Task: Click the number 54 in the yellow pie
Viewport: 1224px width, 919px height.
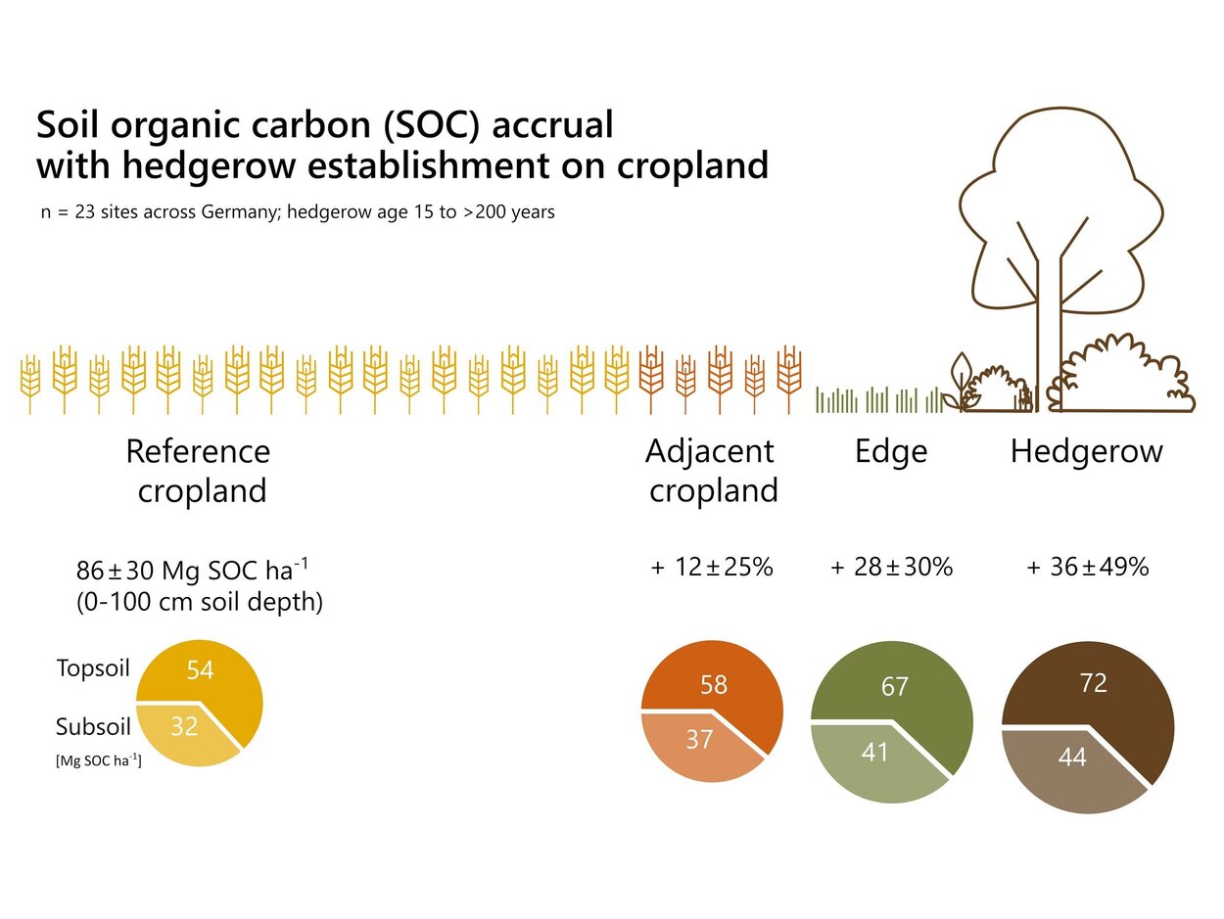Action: tap(200, 670)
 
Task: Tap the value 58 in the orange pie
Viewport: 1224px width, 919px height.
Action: tap(714, 685)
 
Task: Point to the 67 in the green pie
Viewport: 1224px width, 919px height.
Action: tap(895, 687)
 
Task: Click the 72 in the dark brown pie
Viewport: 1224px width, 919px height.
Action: tap(1093, 683)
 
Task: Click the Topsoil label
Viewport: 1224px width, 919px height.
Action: tap(93, 669)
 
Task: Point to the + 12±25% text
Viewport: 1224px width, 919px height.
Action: tap(712, 567)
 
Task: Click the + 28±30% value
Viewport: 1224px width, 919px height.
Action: tap(891, 567)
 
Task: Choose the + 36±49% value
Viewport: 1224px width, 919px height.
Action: tap(1087, 567)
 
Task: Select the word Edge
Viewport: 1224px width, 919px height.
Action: tap(891, 451)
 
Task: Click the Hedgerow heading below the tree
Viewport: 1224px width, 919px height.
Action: tap(1087, 451)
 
